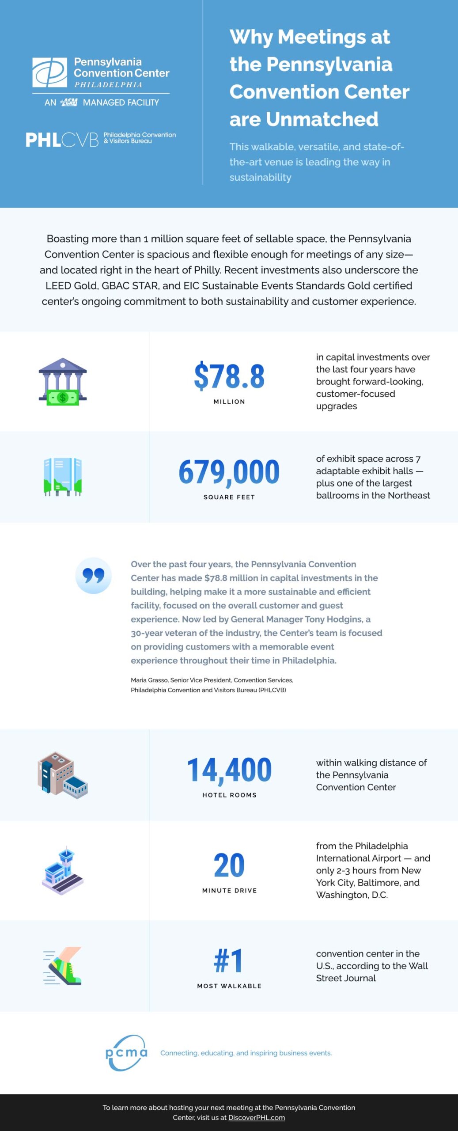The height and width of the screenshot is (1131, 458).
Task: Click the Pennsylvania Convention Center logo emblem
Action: [49, 72]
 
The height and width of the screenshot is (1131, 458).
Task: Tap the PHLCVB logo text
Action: [62, 140]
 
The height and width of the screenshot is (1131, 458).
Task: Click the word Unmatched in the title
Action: [322, 119]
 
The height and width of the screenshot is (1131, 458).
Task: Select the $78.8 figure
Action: [229, 376]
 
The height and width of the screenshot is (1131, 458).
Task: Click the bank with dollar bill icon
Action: [63, 382]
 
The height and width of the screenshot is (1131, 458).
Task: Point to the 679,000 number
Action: [229, 472]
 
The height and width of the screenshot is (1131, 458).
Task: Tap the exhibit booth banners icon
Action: [63, 477]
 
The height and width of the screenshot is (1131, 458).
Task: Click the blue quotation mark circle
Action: [93, 576]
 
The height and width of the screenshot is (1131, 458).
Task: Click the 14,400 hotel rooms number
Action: [229, 770]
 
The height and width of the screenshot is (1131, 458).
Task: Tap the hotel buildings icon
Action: [63, 775]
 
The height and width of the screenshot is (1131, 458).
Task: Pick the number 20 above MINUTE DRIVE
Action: [229, 865]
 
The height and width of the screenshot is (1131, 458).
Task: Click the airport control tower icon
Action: [63, 870]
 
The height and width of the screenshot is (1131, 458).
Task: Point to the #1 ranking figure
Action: [229, 961]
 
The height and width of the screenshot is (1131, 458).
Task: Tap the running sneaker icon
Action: [63, 966]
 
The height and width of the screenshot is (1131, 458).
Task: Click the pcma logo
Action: [126, 1053]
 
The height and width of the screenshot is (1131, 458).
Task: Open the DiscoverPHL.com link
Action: [257, 1117]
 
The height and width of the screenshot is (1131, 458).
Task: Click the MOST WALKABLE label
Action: [229, 986]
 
